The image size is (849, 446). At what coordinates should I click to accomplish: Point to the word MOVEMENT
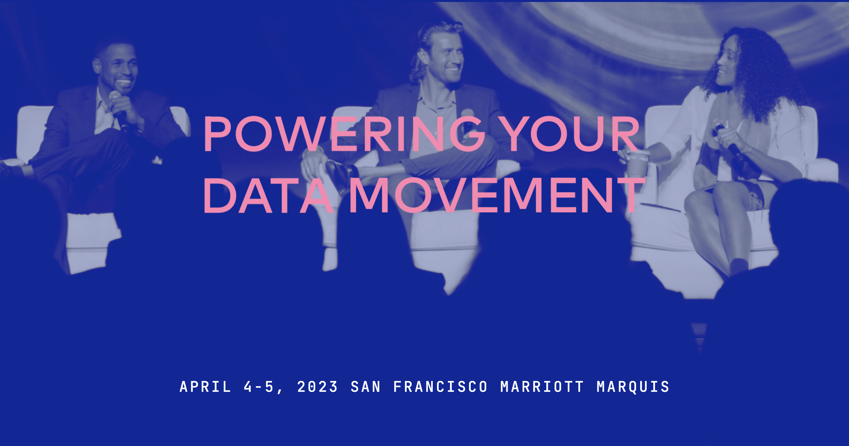(497, 196)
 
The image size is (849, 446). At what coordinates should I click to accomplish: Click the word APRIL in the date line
(205, 387)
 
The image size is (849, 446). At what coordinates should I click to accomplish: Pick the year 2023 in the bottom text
(318, 387)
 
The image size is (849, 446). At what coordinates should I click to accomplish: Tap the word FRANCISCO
(440, 387)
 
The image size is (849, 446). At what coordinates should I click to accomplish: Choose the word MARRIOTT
(542, 387)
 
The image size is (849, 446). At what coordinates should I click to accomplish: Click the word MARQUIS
(633, 387)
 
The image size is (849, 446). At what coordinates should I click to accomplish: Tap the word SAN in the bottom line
(366, 387)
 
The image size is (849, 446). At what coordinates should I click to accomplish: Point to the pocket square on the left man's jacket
(157, 161)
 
